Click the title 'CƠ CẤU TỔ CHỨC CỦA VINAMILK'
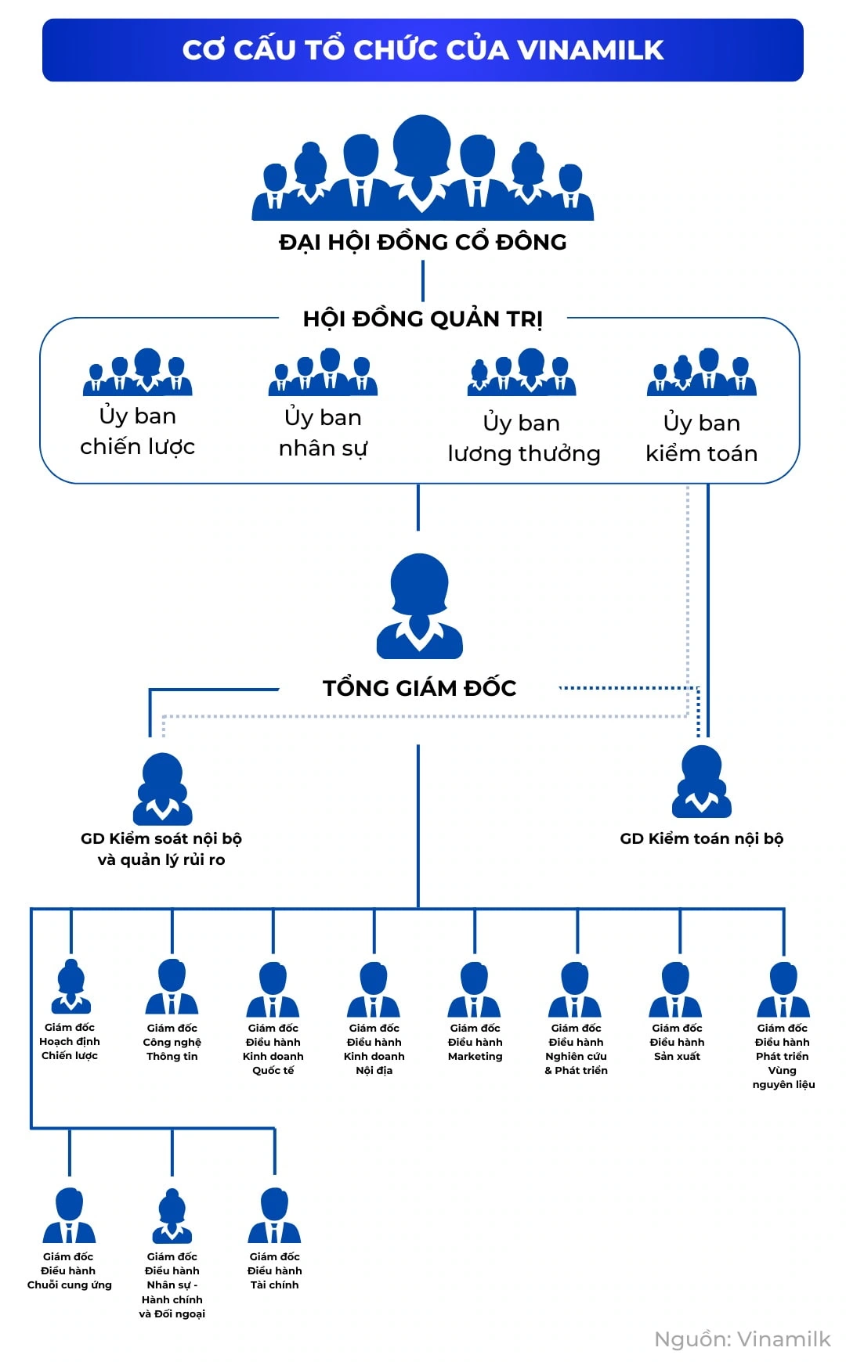point(423,50)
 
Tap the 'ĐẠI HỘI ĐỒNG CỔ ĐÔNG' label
point(423,242)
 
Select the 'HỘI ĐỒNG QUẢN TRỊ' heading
point(423,319)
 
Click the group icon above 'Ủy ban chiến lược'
point(138,372)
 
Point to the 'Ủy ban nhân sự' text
point(323,432)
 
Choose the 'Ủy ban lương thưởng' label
point(523,438)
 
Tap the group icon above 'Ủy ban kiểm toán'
point(702,372)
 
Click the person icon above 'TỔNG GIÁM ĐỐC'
point(420,607)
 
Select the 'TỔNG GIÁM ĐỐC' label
point(420,688)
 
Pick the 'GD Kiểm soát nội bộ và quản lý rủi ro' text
point(161,849)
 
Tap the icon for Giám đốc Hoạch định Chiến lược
point(71,987)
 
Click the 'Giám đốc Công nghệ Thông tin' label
point(172,1042)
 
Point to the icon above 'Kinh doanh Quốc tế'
point(273,989)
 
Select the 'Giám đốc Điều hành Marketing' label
point(475,1042)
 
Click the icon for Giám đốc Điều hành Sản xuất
point(676,989)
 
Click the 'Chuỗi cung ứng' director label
point(69,1270)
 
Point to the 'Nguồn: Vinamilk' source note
point(742,1339)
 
